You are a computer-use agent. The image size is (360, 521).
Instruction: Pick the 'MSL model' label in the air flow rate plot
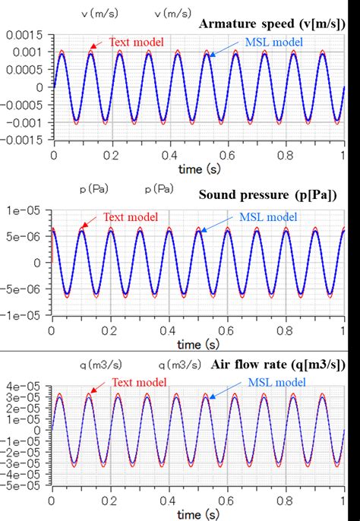click(273, 383)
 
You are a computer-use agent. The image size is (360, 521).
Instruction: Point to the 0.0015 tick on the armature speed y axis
click(26, 35)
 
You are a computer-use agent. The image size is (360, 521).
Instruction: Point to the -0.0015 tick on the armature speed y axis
click(24, 139)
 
